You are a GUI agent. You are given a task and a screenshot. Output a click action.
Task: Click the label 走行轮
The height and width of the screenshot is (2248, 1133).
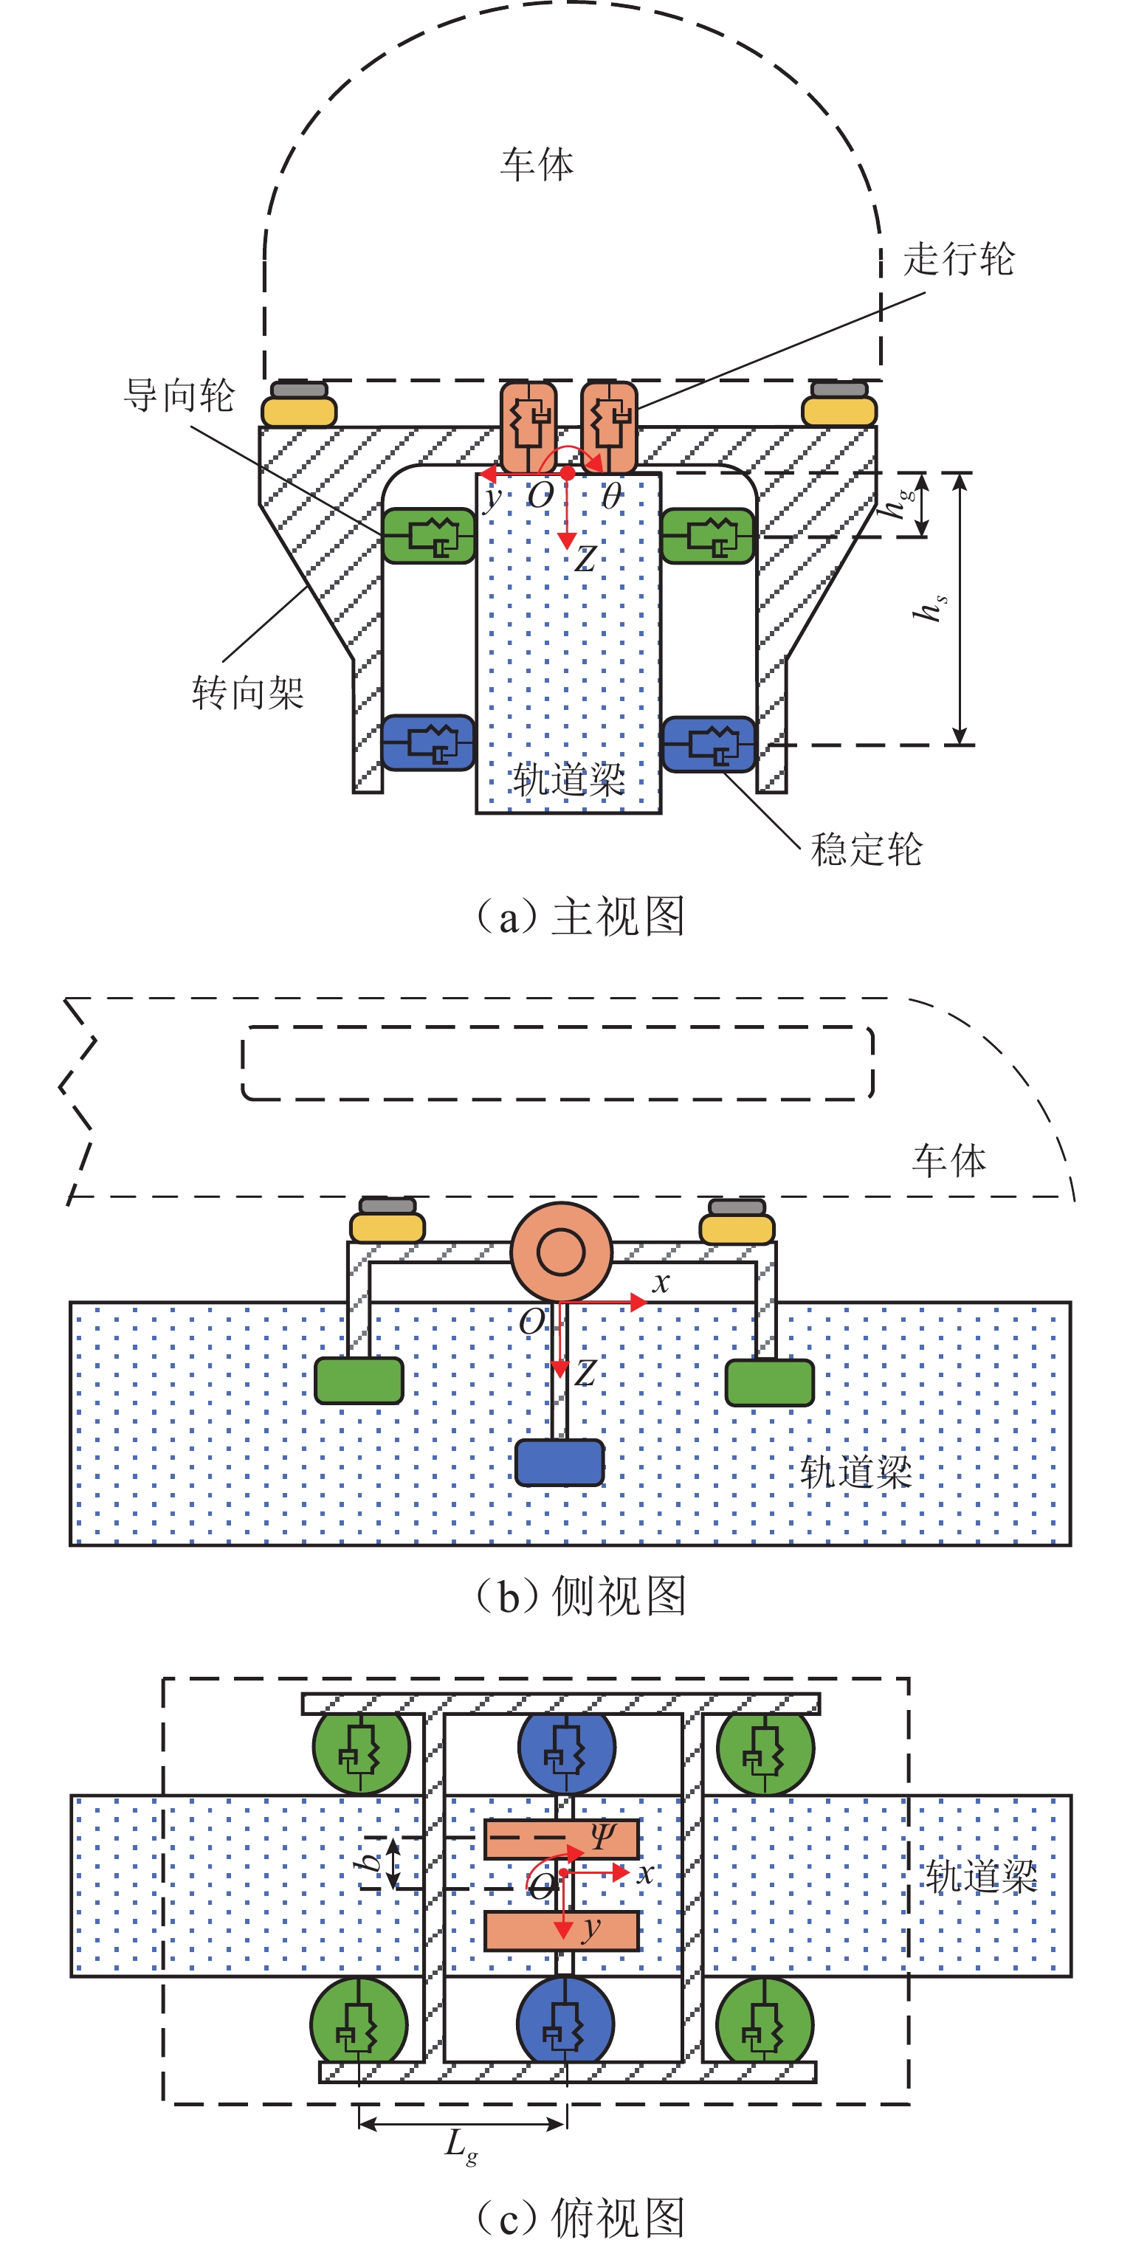(x=958, y=259)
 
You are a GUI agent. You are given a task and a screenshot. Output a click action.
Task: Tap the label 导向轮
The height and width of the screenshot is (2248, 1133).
(x=179, y=396)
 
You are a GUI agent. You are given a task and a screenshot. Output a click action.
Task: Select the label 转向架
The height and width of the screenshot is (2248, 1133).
(x=248, y=693)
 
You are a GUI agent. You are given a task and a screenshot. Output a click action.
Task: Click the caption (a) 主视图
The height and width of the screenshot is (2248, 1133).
(x=579, y=917)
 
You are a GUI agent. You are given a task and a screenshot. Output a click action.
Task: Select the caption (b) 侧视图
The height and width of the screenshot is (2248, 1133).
(x=579, y=1596)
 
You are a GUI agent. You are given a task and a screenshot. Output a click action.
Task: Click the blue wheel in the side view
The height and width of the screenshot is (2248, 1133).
(x=559, y=1463)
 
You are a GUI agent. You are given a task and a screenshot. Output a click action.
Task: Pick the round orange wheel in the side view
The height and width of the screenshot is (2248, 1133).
(x=561, y=1252)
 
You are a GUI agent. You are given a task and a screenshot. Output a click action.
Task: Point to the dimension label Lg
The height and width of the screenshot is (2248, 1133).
(x=460, y=2145)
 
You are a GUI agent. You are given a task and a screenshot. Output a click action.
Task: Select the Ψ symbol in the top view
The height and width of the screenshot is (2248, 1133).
(x=602, y=1835)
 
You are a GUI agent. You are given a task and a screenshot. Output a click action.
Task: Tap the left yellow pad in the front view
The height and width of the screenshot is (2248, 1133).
(x=300, y=411)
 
